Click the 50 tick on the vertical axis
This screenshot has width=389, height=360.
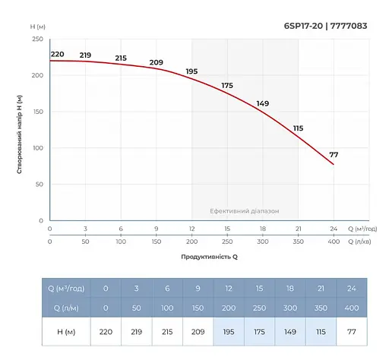(x=38, y=185)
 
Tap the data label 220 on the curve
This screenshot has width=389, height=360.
(x=58, y=54)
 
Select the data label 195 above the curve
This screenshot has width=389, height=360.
(x=191, y=71)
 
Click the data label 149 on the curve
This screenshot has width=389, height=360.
(x=263, y=103)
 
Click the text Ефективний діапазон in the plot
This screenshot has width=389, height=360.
(x=244, y=211)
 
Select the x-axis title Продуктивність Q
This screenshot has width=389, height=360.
(x=209, y=257)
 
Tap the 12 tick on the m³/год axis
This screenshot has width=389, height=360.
(x=191, y=229)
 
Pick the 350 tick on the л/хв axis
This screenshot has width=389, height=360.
(x=298, y=241)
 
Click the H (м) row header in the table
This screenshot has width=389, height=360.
(x=66, y=331)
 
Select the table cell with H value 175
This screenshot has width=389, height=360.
(x=259, y=331)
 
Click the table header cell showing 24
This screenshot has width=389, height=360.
(x=351, y=288)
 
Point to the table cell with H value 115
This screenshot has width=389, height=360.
(x=321, y=331)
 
